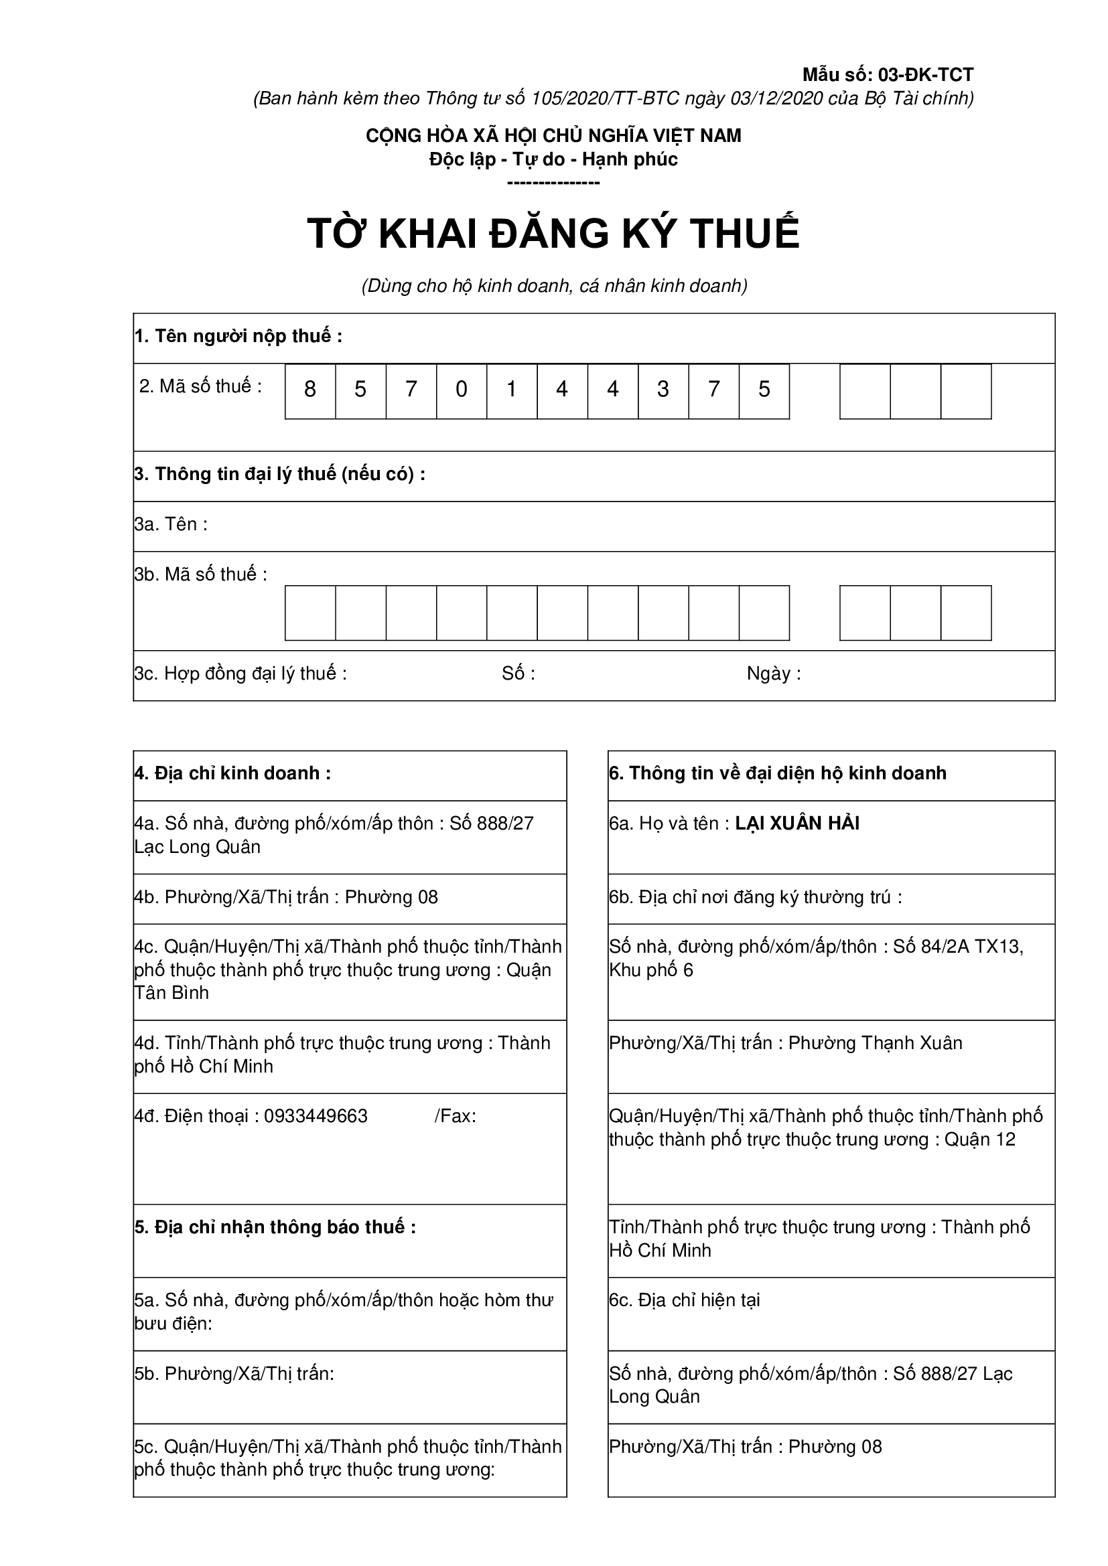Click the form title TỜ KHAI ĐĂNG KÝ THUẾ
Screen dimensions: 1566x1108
[553, 234]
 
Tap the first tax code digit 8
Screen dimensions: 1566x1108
[309, 390]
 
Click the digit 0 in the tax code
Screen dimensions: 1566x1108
[461, 390]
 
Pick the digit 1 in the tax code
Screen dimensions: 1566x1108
[512, 390]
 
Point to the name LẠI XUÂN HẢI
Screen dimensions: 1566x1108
[797, 824]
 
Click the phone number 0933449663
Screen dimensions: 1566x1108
[316, 1116]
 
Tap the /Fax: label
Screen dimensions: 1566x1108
[455, 1116]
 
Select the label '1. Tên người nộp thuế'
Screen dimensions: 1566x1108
[238, 336]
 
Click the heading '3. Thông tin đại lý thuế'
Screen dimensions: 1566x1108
[280, 474]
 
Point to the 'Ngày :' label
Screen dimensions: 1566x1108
[774, 674]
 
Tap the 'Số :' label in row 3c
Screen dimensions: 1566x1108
[518, 674]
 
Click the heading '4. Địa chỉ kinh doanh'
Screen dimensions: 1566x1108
[232, 773]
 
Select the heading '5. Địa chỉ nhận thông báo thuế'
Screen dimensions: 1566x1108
[275, 1227]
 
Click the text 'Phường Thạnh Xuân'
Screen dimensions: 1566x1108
[876, 1043]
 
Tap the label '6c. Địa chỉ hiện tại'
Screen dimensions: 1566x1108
[685, 1300]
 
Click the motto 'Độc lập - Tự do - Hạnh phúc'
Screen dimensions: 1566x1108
[553, 159]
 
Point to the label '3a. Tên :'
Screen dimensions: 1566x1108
[171, 524]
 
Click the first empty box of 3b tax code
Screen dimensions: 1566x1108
[309, 613]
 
